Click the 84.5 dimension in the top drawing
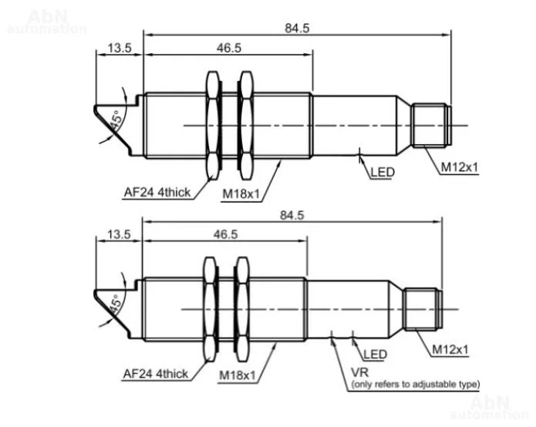[297, 28]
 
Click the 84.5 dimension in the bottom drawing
[292, 215]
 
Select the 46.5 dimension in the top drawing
[229, 48]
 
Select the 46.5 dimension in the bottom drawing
[226, 234]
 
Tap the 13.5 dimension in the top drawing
[120, 48]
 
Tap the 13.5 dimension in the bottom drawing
[119, 234]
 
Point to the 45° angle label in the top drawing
[116, 121]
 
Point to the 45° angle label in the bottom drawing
[116, 304]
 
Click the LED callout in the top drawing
[383, 172]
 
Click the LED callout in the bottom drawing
[375, 355]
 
